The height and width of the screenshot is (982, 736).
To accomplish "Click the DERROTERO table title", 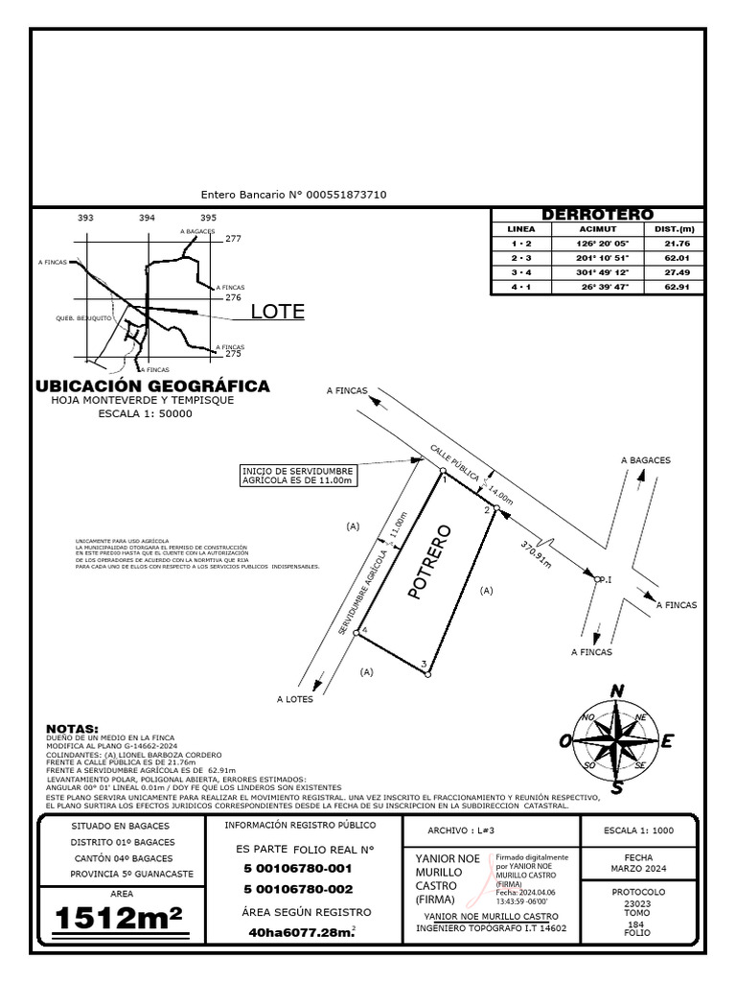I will pyautogui.click(x=597, y=215).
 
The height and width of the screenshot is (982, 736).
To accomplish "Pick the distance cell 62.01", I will pyautogui.click(x=677, y=258).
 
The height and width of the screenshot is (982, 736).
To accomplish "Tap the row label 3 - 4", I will pyautogui.click(x=520, y=272).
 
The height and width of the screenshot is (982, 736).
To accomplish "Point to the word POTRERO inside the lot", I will pyautogui.click(x=429, y=562).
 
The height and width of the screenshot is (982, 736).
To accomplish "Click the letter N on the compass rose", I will pyautogui.click(x=617, y=691).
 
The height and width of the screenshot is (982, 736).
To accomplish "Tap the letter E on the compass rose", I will pyautogui.click(x=668, y=740).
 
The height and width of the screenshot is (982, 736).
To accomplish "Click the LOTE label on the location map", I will pyautogui.click(x=277, y=312).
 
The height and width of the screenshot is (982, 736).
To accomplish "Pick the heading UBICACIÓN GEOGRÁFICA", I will pyautogui.click(x=152, y=386).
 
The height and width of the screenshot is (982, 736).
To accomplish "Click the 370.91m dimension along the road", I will pyautogui.click(x=537, y=553).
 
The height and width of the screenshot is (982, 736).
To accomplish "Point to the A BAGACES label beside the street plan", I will pyautogui.click(x=645, y=460).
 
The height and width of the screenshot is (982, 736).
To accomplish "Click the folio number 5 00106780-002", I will pyautogui.click(x=298, y=889).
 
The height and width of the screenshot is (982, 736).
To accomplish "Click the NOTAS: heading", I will pyautogui.click(x=73, y=729).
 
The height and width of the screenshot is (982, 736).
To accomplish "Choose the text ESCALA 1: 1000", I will pyautogui.click(x=639, y=830).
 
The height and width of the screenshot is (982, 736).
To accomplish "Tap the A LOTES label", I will pyautogui.click(x=294, y=699).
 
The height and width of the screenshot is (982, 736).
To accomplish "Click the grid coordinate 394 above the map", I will pyautogui.click(x=147, y=219).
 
